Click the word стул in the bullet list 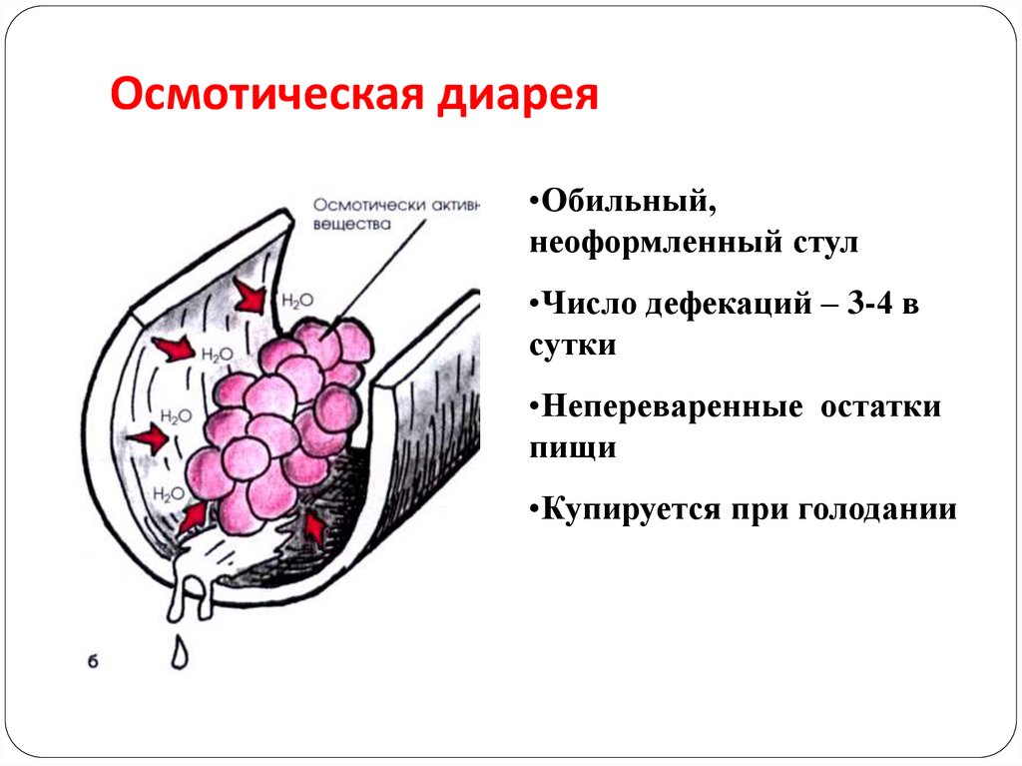click(x=825, y=243)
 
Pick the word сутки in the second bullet click(x=573, y=346)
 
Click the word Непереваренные click(x=672, y=407)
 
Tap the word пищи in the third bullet click(x=573, y=448)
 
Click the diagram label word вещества click(x=352, y=225)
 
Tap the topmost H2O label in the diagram click(x=297, y=301)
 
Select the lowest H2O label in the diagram click(x=169, y=494)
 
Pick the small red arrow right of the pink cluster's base click(x=314, y=528)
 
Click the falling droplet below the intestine click(x=180, y=652)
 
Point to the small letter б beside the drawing click(x=93, y=661)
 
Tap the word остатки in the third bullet click(x=880, y=407)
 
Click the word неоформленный click(x=655, y=243)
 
